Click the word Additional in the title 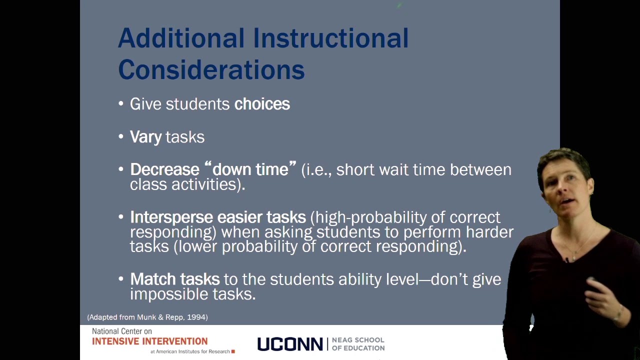181,38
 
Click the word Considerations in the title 211,69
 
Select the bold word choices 262,103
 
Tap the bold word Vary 145,137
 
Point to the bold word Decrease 164,169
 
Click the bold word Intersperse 171,217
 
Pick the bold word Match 153,279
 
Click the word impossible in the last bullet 169,294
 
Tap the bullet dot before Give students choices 121,103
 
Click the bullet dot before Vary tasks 121,136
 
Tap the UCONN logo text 290,344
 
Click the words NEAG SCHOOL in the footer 358,340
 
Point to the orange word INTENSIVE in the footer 115,341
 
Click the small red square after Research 233,351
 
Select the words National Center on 122,331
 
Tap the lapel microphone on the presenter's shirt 567,260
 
